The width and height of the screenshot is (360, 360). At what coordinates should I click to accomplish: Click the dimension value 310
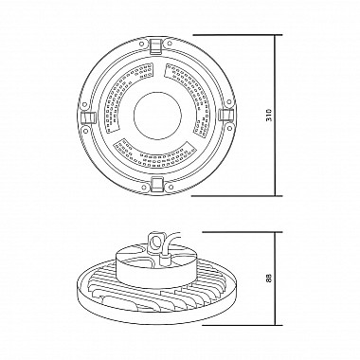click(x=269, y=116)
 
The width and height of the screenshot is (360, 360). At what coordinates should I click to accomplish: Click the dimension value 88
click(x=269, y=279)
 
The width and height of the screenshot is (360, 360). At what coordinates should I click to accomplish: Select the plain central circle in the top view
click(x=157, y=116)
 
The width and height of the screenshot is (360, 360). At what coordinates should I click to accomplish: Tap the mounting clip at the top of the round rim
click(x=156, y=45)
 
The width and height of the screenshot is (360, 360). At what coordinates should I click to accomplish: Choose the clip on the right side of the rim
click(x=226, y=115)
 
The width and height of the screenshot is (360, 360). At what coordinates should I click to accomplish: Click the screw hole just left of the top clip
click(x=143, y=45)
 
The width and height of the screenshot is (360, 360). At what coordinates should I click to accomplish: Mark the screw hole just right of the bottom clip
click(x=171, y=187)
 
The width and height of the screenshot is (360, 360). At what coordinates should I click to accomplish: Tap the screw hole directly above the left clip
click(x=84, y=104)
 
